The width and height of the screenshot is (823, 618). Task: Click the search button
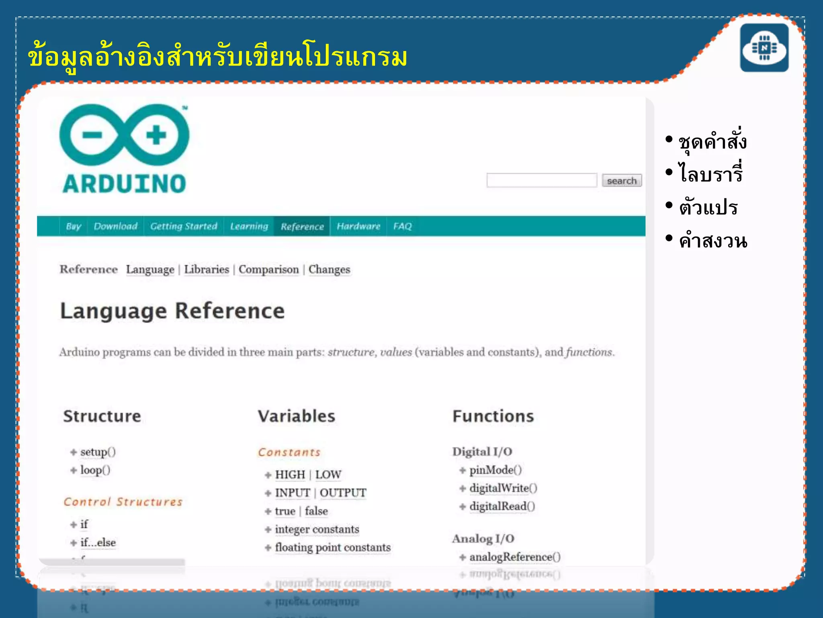(621, 181)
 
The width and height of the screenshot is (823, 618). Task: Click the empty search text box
(541, 180)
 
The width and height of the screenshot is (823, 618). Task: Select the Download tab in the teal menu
(116, 226)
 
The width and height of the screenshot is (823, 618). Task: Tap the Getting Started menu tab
(184, 226)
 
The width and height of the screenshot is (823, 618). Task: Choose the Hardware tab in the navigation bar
(358, 226)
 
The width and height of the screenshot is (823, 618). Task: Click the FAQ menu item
(402, 226)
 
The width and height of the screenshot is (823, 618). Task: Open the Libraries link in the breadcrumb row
(207, 269)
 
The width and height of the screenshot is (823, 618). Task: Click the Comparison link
(268, 269)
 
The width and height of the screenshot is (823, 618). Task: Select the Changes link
(329, 269)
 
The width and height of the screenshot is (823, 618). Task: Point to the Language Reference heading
(172, 311)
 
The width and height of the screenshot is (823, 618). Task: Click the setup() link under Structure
(98, 452)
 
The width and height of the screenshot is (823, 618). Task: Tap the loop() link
(95, 470)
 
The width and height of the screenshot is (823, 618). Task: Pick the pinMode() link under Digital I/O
(495, 470)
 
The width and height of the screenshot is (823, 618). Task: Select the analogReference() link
(515, 557)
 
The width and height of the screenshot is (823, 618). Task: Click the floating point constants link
(333, 548)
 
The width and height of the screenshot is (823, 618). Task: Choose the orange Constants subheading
(289, 452)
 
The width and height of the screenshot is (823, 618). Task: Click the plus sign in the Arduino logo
(156, 135)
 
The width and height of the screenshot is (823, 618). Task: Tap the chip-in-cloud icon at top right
(764, 48)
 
